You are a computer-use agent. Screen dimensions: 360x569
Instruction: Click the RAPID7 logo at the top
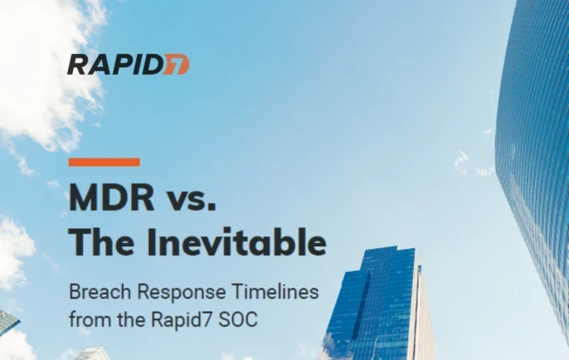click(x=128, y=64)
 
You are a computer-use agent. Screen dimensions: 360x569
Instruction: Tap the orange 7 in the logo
click(x=177, y=65)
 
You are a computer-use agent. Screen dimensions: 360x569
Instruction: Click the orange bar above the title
click(x=104, y=162)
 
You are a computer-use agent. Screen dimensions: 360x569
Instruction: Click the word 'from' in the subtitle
click(x=85, y=318)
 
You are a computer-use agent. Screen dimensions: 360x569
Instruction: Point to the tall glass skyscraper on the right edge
click(x=536, y=149)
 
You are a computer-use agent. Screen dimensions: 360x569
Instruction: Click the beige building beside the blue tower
click(x=424, y=319)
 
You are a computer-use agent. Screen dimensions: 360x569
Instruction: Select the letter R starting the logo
click(x=77, y=65)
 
